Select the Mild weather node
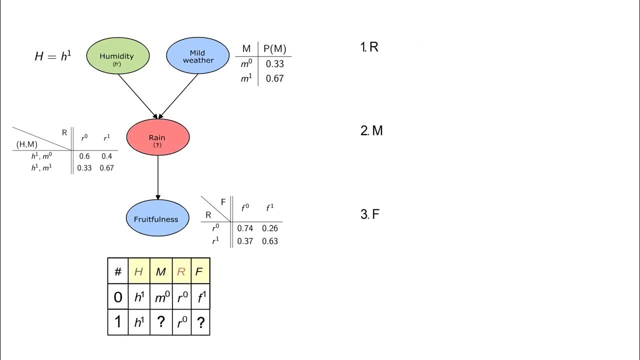198,56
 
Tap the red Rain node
158,137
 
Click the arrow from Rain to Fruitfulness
158,177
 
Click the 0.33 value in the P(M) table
274,64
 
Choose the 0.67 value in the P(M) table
274,78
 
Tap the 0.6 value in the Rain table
84,156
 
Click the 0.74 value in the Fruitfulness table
245,228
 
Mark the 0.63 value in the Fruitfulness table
270,241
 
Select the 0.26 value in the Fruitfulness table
270,228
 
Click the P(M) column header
274,48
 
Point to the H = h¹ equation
53,56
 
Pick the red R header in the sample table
181,271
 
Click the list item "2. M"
371,131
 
